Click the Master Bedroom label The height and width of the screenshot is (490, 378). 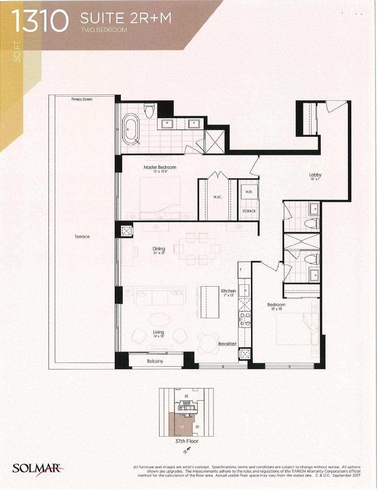pyautogui.click(x=160, y=167)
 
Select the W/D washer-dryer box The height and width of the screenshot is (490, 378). pyautogui.click(x=249, y=192)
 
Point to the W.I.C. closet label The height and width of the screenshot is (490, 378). pyautogui.click(x=218, y=197)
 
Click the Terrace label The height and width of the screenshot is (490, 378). pyautogui.click(x=82, y=237)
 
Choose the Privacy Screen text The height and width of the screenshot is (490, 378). pyautogui.click(x=82, y=99)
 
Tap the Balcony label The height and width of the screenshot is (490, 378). pyautogui.click(x=155, y=361)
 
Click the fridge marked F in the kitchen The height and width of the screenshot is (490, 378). pyautogui.click(x=244, y=269)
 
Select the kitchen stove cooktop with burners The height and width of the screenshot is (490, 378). pyautogui.click(x=245, y=318)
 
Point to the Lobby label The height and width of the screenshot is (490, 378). pyautogui.click(x=315, y=175)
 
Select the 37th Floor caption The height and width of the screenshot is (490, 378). pyautogui.click(x=187, y=441)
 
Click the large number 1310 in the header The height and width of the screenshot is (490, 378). pyautogui.click(x=40, y=21)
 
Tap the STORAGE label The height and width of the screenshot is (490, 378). pyautogui.click(x=249, y=211)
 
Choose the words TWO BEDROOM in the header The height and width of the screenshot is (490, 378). pyautogui.click(x=104, y=30)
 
